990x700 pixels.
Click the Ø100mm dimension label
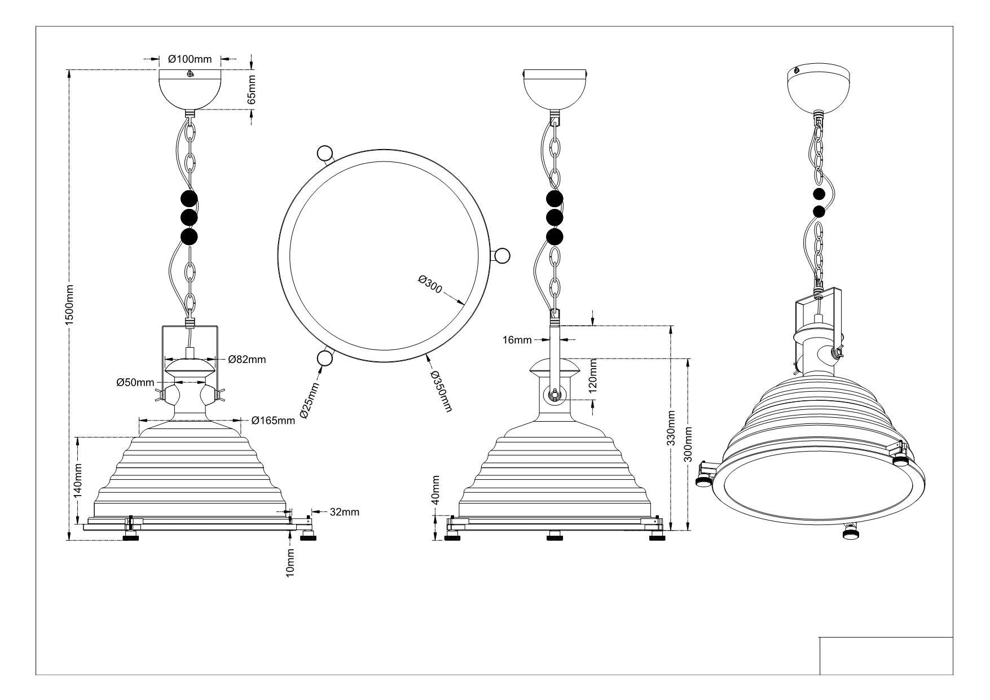[190, 58]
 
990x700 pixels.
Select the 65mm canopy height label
[252, 89]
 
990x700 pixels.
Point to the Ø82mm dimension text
[247, 359]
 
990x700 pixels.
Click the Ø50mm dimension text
[135, 382]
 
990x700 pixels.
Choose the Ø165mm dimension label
[273, 420]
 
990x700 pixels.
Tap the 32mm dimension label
[344, 512]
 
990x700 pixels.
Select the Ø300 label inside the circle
[430, 284]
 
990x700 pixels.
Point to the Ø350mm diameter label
[441, 391]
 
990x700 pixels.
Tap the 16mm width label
[517, 339]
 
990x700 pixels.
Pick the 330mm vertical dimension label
[671, 428]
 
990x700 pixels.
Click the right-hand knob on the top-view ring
[501, 255]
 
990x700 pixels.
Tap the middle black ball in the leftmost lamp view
[189, 217]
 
